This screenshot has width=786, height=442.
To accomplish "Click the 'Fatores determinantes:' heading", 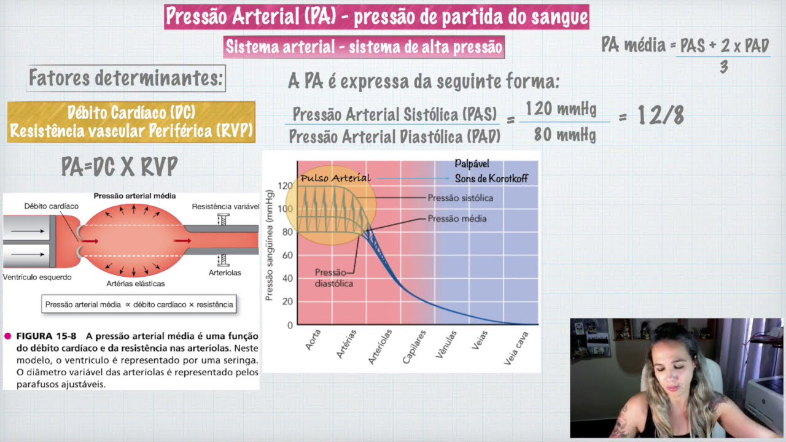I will click(126, 79).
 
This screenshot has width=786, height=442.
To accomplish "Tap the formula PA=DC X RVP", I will click(119, 166).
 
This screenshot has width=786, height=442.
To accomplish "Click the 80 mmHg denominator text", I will click(564, 134).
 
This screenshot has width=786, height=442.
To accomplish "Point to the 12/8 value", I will click(660, 115).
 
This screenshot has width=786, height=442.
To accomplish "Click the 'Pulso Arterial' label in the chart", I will click(335, 179).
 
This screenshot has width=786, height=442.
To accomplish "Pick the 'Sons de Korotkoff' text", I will click(491, 179).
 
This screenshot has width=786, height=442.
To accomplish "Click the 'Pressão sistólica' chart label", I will click(460, 198).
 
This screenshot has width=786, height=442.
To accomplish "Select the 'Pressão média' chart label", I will click(457, 219).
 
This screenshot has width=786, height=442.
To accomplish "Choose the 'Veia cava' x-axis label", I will click(516, 348).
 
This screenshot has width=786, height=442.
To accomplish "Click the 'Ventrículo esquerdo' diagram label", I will click(37, 277).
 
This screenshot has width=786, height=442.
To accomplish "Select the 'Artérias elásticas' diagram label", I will click(135, 284).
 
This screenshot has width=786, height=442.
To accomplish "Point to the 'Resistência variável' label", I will click(225, 206).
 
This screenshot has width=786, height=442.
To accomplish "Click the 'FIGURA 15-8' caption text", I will click(46, 336).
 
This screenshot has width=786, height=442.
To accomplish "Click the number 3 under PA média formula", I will click(723, 68).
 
